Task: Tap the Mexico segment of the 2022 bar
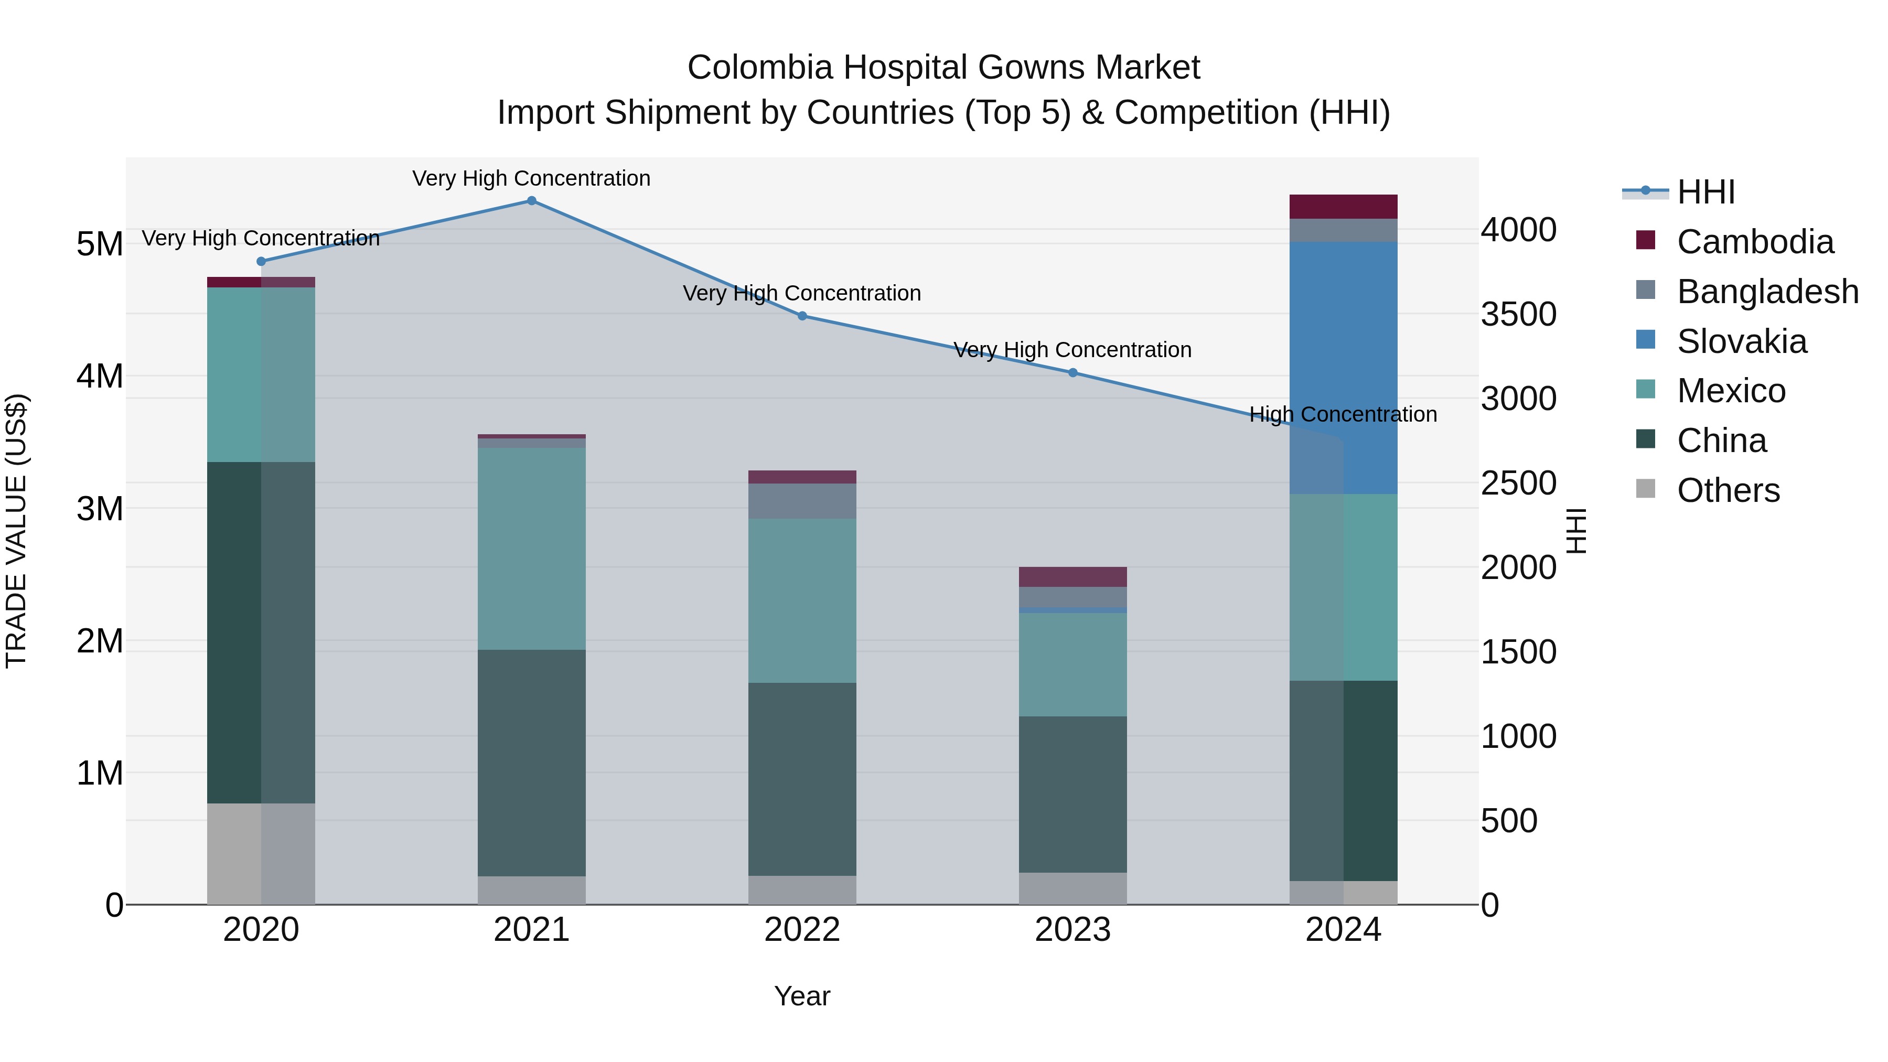point(802,600)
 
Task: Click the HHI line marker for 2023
point(1072,372)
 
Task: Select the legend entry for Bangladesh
point(1766,292)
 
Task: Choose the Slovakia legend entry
point(1741,341)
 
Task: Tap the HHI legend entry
point(1705,192)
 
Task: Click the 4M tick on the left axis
point(100,376)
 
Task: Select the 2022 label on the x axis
point(802,930)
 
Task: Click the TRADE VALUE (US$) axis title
point(16,531)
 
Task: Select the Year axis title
point(802,996)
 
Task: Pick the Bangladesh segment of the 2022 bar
point(802,501)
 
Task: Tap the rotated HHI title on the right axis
point(1576,531)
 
